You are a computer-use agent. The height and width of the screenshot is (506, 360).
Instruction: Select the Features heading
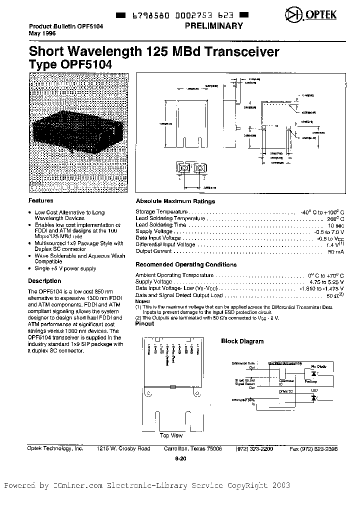click(41, 200)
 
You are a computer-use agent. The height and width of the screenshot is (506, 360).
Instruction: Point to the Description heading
click(44, 281)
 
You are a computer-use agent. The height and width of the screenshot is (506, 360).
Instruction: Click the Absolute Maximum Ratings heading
click(175, 201)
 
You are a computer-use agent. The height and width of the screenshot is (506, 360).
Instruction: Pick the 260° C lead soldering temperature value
click(334, 218)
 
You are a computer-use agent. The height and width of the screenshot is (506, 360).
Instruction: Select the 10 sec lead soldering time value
click(335, 225)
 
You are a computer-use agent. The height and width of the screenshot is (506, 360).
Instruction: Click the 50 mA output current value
click(335, 251)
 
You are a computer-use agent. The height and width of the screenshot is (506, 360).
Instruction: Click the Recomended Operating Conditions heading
click(186, 264)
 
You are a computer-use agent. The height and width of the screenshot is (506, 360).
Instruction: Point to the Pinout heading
click(145, 323)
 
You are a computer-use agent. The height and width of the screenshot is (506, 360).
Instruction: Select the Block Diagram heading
click(242, 341)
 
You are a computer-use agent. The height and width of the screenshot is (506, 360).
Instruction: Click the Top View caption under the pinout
click(171, 435)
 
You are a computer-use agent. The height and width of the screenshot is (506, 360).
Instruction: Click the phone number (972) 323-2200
click(254, 449)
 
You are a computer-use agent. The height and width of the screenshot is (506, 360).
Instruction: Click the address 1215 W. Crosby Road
click(123, 449)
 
